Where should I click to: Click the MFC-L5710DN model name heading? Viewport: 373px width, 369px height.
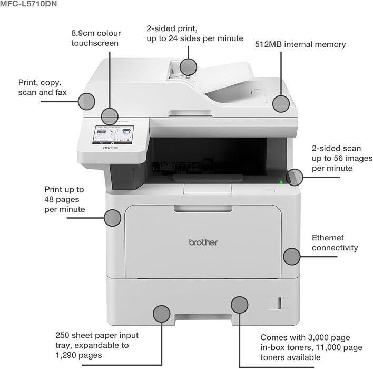coord(28,4)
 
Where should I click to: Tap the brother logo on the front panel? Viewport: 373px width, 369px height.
coord(203,242)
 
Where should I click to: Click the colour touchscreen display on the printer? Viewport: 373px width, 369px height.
coord(113,135)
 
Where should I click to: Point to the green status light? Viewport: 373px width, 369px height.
coord(281,182)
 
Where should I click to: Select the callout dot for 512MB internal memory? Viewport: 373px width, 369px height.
coord(281,104)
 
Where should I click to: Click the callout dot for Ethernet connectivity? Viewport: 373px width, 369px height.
coord(292,257)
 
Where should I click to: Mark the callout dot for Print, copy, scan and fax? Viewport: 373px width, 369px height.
coord(86,101)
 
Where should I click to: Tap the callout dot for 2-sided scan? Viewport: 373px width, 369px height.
coord(295,177)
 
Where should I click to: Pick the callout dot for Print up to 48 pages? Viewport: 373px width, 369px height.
coord(113,218)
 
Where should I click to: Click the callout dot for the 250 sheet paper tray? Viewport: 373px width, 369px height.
coord(162,314)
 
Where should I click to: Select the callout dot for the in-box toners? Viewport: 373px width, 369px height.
coord(240,305)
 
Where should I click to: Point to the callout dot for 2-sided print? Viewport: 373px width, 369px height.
coord(188,67)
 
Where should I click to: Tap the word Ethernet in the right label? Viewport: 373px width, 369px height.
coord(328,238)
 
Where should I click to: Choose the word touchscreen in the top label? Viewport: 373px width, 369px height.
coord(95,43)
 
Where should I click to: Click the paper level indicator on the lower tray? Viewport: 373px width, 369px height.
coord(280,303)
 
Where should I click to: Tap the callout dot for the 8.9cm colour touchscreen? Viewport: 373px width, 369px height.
coord(110,116)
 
